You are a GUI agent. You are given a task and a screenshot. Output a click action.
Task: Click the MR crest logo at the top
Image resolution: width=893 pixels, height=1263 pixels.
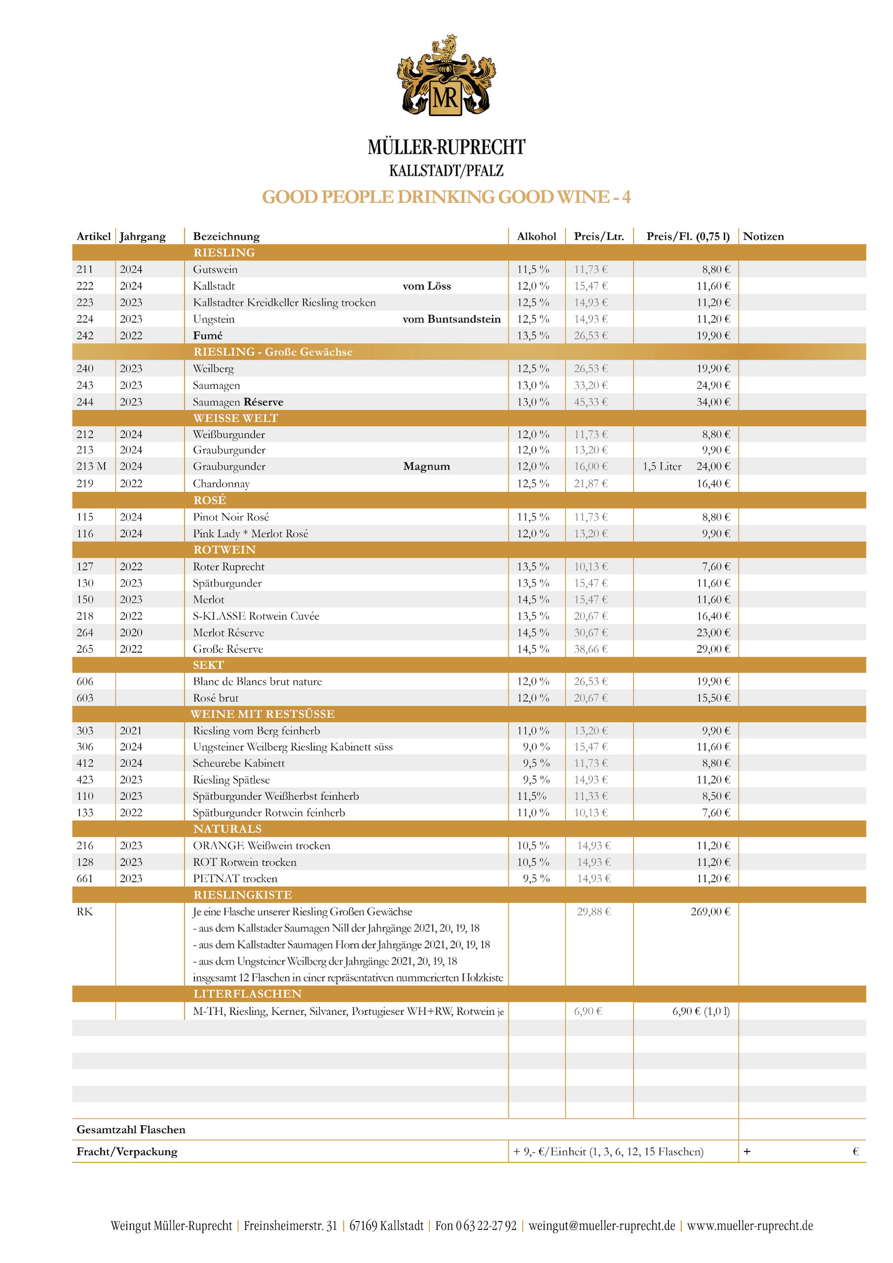pyautogui.click(x=446, y=76)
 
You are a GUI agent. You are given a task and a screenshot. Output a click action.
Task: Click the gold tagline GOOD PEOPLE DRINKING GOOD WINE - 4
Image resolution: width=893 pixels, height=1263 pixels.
pyautogui.click(x=446, y=197)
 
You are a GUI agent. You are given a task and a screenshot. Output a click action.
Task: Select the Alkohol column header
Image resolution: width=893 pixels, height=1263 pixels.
pyautogui.click(x=536, y=237)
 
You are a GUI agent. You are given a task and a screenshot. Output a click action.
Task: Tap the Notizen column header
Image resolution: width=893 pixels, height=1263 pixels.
pyautogui.click(x=763, y=237)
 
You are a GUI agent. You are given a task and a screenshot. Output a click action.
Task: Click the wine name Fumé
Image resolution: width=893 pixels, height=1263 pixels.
pyautogui.click(x=207, y=336)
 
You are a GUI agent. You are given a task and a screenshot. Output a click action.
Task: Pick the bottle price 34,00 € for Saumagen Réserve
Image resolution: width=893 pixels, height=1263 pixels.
pyautogui.click(x=713, y=402)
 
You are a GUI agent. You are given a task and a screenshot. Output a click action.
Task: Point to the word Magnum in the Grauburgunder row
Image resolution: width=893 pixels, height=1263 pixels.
pyautogui.click(x=426, y=467)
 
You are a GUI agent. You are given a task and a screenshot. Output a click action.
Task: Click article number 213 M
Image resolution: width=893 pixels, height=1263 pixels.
pyautogui.click(x=91, y=467)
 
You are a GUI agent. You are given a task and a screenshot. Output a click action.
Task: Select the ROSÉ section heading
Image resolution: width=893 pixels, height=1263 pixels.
pyautogui.click(x=209, y=500)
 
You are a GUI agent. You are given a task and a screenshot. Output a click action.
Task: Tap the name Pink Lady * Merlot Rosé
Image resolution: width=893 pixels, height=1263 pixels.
pyautogui.click(x=250, y=534)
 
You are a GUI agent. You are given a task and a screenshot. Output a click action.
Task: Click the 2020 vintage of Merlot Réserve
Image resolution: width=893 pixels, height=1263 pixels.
pyautogui.click(x=131, y=632)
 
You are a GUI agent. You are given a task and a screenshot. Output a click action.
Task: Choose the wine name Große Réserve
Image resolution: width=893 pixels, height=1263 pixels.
pyautogui.click(x=228, y=649)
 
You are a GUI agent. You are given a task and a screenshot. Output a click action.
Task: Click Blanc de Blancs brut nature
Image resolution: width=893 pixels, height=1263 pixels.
pyautogui.click(x=257, y=681)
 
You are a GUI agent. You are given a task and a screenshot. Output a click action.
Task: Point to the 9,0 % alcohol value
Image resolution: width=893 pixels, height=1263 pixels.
pyautogui.click(x=536, y=747)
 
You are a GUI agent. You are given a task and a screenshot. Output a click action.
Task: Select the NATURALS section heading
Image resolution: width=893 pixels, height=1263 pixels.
pyautogui.click(x=227, y=829)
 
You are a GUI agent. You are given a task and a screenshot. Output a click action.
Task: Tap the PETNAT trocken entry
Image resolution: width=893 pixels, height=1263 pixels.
pyautogui.click(x=235, y=878)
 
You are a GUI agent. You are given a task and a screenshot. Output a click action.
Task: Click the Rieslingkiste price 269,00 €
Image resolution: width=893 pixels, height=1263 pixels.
pyautogui.click(x=710, y=911)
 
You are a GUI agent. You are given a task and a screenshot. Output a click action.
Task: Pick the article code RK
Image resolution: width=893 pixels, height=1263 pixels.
pyautogui.click(x=85, y=911)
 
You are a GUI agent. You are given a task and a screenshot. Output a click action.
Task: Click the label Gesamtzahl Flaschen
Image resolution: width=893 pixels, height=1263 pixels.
pyautogui.click(x=131, y=1129)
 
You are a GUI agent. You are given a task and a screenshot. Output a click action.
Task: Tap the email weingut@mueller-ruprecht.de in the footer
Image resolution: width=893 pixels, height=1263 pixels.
pyautogui.click(x=602, y=1226)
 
